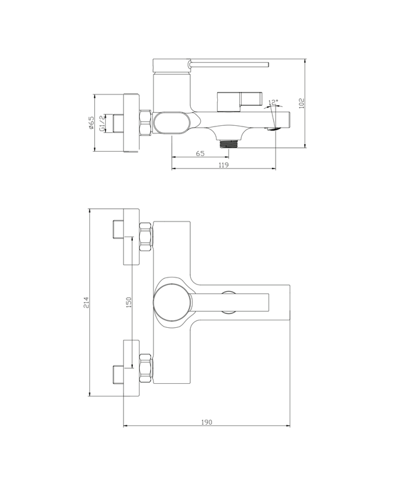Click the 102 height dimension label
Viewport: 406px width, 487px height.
point(302,103)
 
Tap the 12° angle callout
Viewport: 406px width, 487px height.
point(273,102)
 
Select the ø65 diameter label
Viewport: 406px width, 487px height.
point(91,122)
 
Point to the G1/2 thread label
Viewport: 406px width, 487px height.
point(101,123)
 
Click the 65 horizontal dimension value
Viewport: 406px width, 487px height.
point(200,154)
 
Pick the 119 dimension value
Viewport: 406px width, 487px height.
point(223,165)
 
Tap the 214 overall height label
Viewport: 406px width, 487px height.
point(86,303)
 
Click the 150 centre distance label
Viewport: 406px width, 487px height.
point(128,302)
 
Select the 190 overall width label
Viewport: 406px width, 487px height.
point(206,422)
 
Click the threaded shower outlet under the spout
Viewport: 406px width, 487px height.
point(228,143)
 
